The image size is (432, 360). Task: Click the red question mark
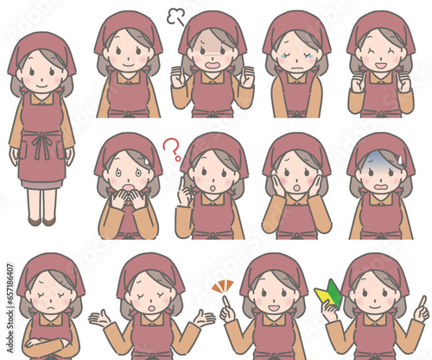pyautogui.click(x=172, y=148)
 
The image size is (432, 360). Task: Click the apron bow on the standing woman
pyautogui.click(x=41, y=143)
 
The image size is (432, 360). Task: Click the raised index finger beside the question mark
pyautogui.click(x=181, y=188)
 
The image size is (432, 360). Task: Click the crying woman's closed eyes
pyautogui.click(x=296, y=50)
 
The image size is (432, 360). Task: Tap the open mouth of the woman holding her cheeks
pyautogui.click(x=296, y=186)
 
